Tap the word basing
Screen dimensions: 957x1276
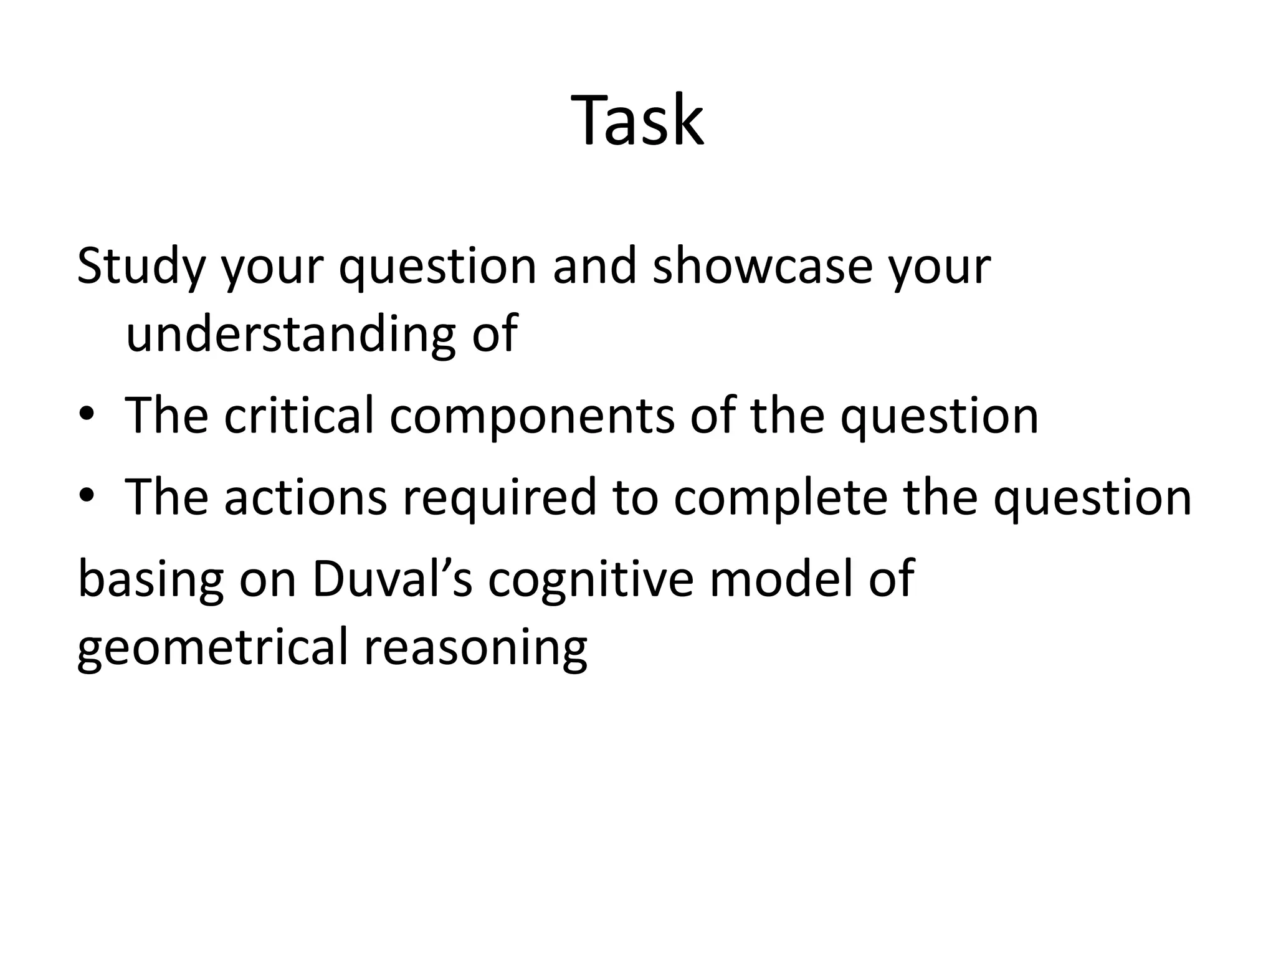tap(150, 580)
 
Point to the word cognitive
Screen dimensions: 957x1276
tap(591, 580)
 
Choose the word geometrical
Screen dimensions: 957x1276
tap(211, 648)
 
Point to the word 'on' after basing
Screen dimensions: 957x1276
tap(267, 580)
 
